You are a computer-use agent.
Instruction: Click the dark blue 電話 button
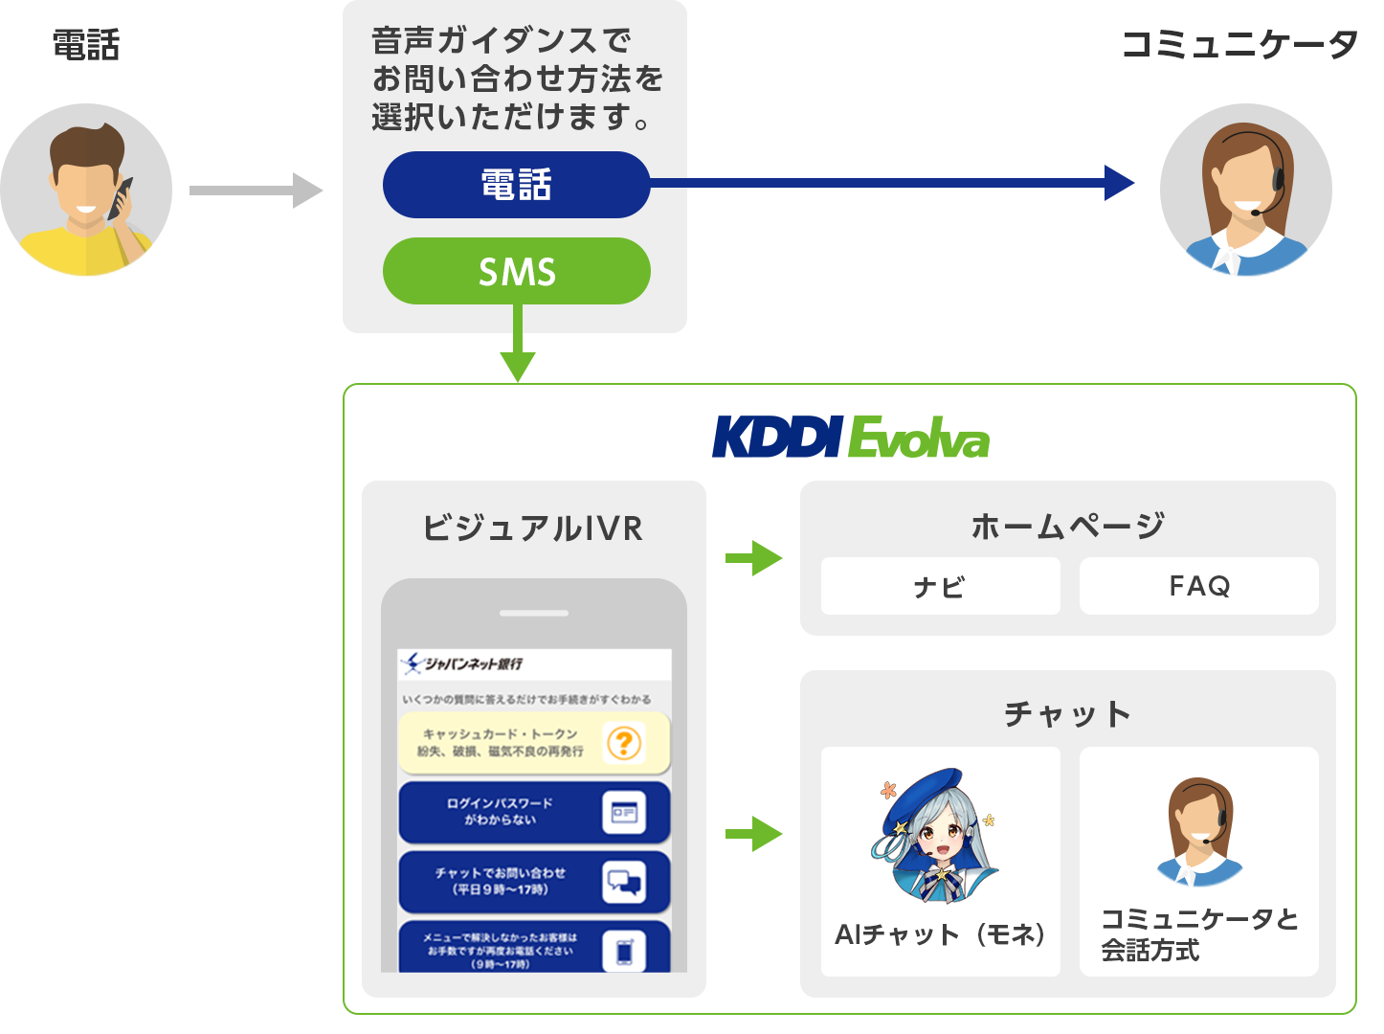pyautogui.click(x=516, y=185)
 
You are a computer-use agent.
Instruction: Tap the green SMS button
pyautogui.click(x=516, y=272)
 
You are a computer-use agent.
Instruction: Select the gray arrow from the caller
pyautogui.click(x=255, y=191)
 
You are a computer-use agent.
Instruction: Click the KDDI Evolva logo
pyautogui.click(x=850, y=438)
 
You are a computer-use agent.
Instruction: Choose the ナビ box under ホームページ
pyautogui.click(x=940, y=586)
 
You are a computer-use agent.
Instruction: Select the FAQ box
pyautogui.click(x=1198, y=586)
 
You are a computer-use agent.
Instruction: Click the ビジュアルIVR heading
pyautogui.click(x=533, y=528)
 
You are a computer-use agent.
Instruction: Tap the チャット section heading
pyautogui.click(x=1067, y=713)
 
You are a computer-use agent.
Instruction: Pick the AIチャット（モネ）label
pyautogui.click(x=940, y=934)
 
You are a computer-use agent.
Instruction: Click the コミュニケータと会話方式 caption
pyautogui.click(x=1198, y=934)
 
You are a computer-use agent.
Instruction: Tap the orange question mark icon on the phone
pyautogui.click(x=624, y=743)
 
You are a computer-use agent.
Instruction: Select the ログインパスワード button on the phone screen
pyautogui.click(x=533, y=812)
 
